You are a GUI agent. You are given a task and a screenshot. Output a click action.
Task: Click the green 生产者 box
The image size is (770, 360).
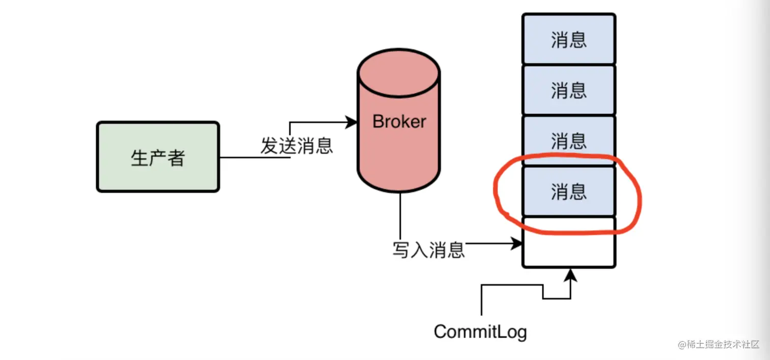tap(158, 157)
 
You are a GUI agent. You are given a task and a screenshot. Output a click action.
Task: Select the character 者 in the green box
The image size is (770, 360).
tap(176, 158)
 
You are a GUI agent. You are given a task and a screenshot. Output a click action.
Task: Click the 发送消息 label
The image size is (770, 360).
tap(296, 146)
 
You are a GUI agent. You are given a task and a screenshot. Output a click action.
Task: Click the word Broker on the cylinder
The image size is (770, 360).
tap(399, 122)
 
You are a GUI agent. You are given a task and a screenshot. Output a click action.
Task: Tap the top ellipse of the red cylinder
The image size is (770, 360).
tap(399, 72)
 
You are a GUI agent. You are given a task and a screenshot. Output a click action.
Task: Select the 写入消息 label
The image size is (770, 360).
tap(428, 250)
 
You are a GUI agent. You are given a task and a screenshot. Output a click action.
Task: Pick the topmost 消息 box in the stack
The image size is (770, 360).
tap(568, 39)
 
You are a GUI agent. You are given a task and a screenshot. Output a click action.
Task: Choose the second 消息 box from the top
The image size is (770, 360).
tap(568, 90)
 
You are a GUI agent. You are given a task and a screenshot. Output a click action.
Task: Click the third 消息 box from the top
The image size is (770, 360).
tap(568, 140)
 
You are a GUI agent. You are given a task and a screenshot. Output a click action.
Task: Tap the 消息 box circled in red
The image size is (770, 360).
tap(568, 191)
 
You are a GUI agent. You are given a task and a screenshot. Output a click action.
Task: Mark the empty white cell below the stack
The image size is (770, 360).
tap(568, 242)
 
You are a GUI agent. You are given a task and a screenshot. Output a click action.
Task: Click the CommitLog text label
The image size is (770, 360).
tap(480, 332)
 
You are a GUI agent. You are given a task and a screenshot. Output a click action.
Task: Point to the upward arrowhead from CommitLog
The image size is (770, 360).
tap(571, 275)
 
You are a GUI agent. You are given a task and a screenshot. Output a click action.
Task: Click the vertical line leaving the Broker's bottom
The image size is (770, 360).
tap(400, 214)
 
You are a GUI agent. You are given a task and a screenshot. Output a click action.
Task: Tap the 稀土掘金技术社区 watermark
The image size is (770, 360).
tap(719, 344)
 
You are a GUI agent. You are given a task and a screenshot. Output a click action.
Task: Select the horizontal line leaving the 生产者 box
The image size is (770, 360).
tap(255, 157)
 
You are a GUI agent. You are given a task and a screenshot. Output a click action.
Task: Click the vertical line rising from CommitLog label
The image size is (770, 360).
tap(481, 300)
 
